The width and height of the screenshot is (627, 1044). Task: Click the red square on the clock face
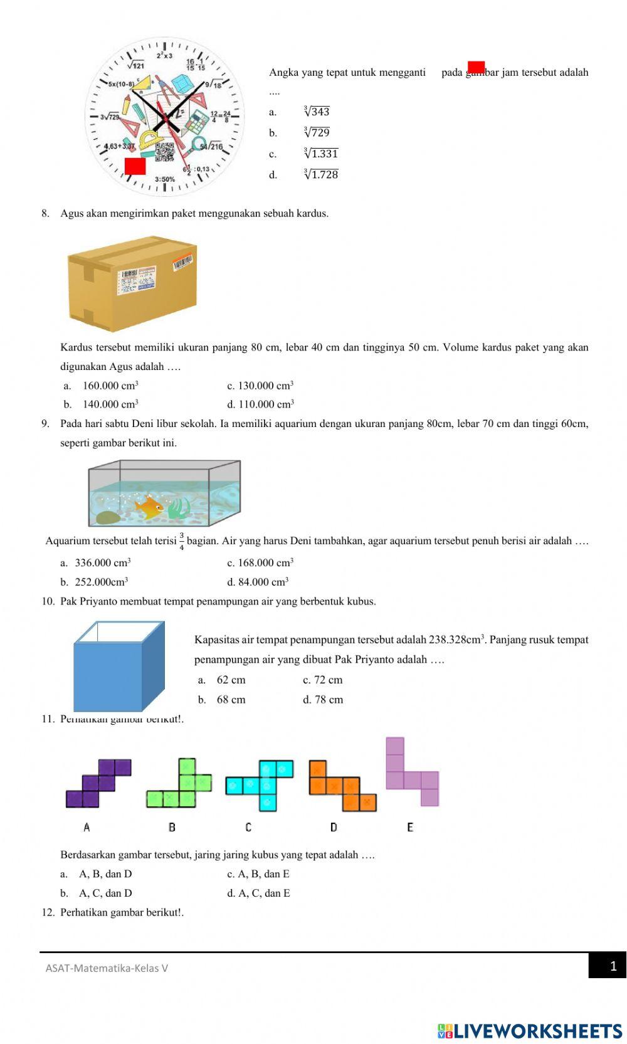click(x=135, y=166)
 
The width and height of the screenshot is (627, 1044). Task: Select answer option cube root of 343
click(x=316, y=112)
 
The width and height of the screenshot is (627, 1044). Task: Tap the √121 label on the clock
click(x=135, y=65)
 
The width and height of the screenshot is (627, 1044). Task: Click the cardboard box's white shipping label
click(x=136, y=280)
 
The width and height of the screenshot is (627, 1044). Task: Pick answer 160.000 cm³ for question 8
click(x=110, y=386)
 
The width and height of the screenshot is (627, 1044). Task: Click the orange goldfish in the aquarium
click(x=149, y=506)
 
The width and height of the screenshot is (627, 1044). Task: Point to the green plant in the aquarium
click(x=179, y=507)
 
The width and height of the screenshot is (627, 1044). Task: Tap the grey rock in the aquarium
click(x=108, y=518)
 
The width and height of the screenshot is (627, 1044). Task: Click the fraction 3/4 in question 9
click(x=181, y=541)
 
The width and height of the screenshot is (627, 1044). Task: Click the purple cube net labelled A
click(x=98, y=783)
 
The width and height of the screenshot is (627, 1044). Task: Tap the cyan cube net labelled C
click(x=260, y=784)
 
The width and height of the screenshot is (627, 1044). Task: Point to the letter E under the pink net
click(x=410, y=827)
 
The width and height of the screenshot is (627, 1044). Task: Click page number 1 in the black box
click(x=613, y=966)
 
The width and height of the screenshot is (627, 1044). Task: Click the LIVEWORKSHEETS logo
click(x=530, y=1031)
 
